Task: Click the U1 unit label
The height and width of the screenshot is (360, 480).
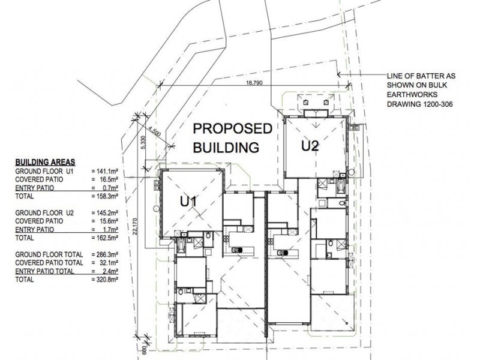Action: (x=188, y=202)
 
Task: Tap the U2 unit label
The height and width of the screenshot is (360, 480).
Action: (x=310, y=146)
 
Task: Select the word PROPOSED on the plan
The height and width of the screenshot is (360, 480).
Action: (x=232, y=128)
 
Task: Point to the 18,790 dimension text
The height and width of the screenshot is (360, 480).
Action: (x=254, y=83)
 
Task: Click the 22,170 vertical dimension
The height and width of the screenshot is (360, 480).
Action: (x=136, y=227)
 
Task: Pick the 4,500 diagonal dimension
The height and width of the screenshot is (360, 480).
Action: (x=155, y=132)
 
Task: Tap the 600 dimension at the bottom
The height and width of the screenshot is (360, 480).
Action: (x=143, y=350)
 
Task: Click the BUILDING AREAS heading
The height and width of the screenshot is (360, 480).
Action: (x=46, y=162)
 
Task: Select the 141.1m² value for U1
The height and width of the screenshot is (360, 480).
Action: (x=105, y=172)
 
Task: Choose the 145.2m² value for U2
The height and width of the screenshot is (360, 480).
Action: (x=105, y=213)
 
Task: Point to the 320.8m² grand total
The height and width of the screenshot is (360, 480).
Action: (x=105, y=279)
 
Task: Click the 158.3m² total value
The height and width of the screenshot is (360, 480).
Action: (x=105, y=196)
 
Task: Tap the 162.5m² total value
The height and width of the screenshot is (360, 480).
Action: (x=105, y=238)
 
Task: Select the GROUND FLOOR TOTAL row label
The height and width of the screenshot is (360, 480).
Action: (x=49, y=254)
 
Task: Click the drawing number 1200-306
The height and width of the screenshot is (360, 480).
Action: (x=438, y=104)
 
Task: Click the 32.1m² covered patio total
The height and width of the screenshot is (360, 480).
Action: (x=105, y=263)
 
